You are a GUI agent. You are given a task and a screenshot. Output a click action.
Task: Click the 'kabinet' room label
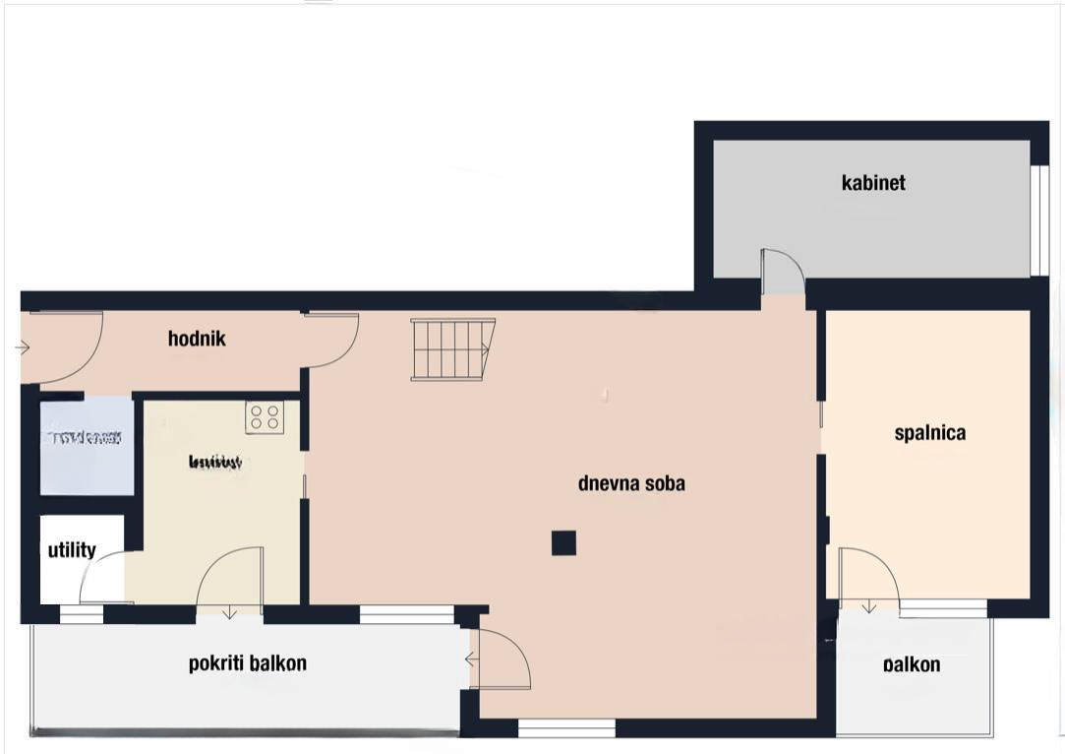click(x=873, y=183)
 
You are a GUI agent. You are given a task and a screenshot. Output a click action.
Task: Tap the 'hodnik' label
click(x=197, y=340)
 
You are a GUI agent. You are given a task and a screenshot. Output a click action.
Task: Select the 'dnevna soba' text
click(x=631, y=483)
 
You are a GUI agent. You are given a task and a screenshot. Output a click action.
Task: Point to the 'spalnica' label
click(x=929, y=433)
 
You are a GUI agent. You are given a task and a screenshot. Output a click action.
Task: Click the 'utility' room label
click(x=72, y=550)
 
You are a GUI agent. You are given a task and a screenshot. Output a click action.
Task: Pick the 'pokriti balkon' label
click(x=247, y=663)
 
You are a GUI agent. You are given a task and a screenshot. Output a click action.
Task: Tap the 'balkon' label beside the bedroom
click(x=912, y=665)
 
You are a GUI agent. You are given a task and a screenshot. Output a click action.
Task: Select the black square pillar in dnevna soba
click(x=563, y=542)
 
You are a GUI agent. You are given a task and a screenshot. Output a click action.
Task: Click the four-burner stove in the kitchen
click(x=264, y=417)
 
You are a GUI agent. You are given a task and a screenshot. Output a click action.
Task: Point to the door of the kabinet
click(x=783, y=271)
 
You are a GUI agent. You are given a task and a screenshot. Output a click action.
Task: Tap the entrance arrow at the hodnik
click(x=24, y=346)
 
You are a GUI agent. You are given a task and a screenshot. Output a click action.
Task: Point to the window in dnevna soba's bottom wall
click(x=566, y=728)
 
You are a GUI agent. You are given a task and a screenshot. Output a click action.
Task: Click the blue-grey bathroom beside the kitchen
click(x=87, y=448)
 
